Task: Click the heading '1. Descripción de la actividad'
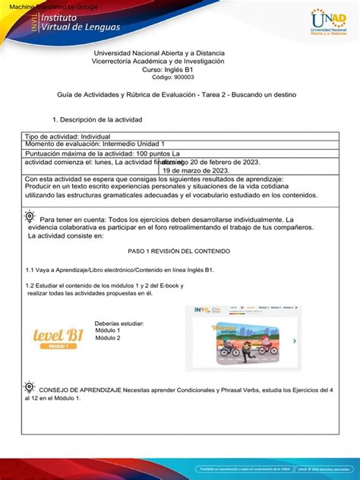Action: click(96, 120)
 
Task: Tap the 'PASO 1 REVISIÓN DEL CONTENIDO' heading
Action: click(179, 251)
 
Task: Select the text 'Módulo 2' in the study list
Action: click(108, 338)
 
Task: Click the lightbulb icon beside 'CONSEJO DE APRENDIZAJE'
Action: click(30, 386)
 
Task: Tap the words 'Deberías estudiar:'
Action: click(119, 324)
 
